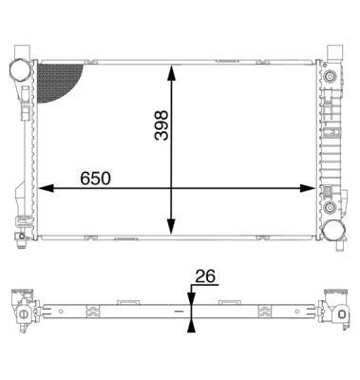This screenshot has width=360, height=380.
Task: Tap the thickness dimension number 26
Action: [x=205, y=276]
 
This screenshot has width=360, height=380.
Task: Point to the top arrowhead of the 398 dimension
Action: [x=171, y=71]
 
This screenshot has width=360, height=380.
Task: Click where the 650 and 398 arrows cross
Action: [x=171, y=188]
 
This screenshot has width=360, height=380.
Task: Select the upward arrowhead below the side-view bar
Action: [x=192, y=325]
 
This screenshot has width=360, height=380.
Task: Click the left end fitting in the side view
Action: [x=21, y=311]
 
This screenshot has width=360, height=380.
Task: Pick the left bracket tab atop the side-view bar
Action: [x=123, y=302]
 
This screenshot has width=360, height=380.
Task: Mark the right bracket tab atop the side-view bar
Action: [x=228, y=302]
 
